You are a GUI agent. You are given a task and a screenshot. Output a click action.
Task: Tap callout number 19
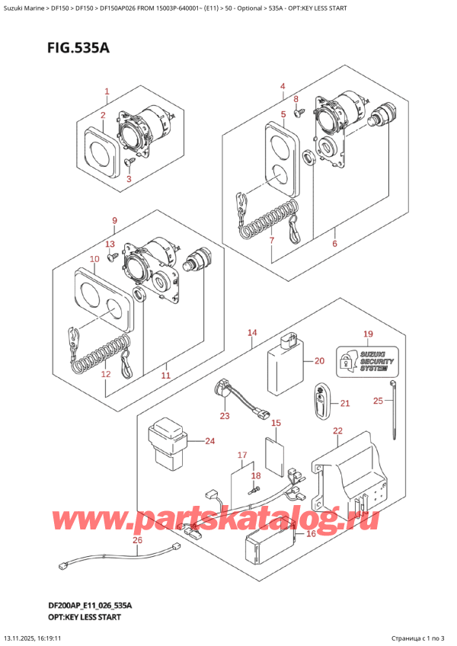click(368, 334)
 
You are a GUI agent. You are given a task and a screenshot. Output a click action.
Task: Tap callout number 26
click(137, 542)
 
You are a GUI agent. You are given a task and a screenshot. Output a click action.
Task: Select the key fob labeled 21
click(321, 402)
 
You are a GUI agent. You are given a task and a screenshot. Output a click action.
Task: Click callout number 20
click(319, 361)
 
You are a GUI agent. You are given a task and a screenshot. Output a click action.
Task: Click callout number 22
click(338, 432)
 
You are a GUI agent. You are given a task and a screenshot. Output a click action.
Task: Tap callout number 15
click(276, 423)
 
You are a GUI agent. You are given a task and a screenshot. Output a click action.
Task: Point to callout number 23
click(224, 415)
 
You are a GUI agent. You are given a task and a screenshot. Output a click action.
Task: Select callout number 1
click(107, 92)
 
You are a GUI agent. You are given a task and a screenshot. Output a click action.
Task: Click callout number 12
click(106, 374)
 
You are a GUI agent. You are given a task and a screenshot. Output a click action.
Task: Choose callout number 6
click(334, 244)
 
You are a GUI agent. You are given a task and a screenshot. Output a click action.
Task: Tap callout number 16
click(311, 534)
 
